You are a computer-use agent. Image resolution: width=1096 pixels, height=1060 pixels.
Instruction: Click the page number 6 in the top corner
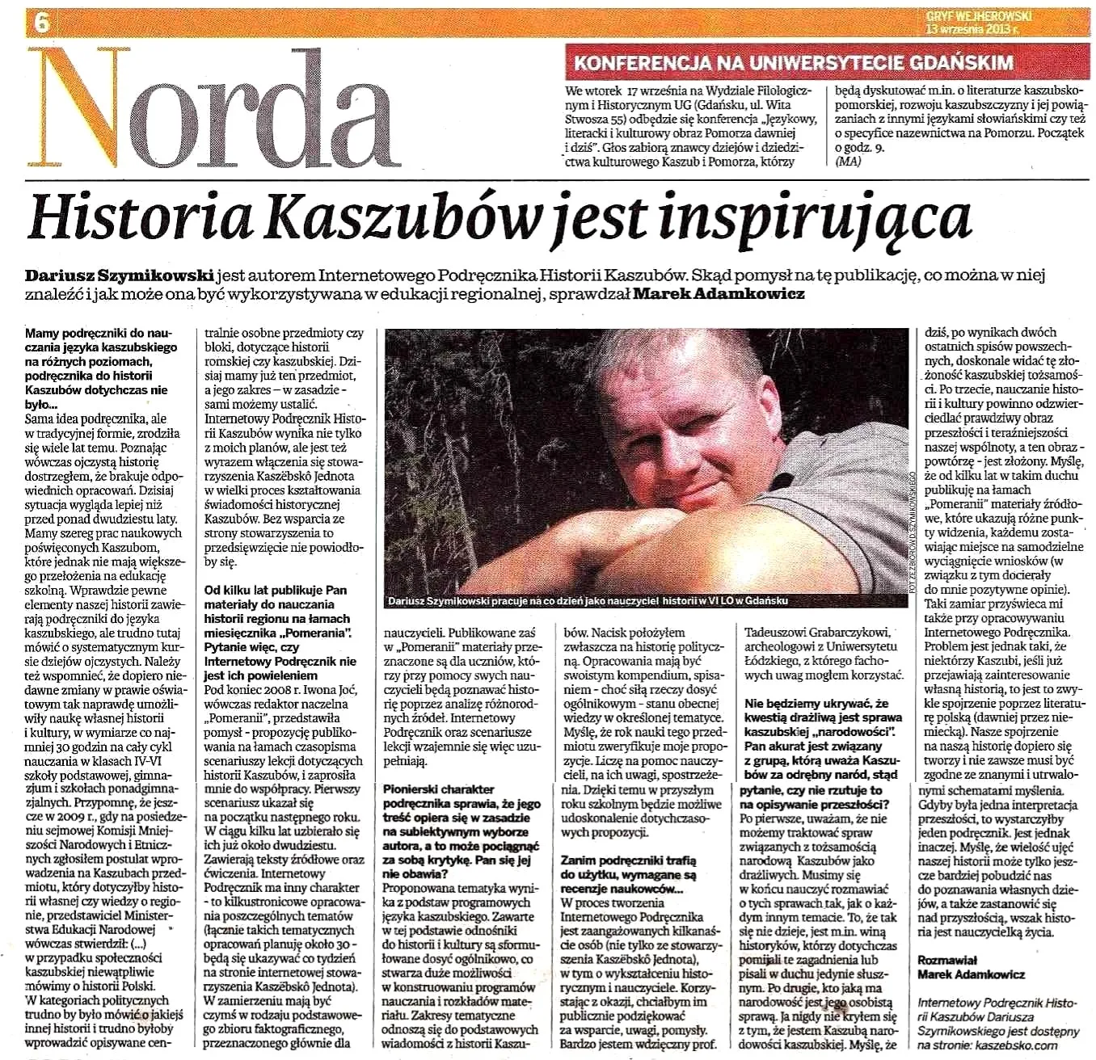click(x=41, y=22)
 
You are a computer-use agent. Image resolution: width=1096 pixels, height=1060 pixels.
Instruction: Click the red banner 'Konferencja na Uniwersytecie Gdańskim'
click(x=793, y=62)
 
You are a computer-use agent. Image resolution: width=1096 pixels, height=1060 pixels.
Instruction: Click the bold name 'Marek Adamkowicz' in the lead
click(x=719, y=294)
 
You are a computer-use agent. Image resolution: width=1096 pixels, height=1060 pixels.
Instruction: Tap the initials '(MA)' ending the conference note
click(x=848, y=161)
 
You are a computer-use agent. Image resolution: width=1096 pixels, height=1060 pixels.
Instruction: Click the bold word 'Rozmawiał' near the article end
click(x=947, y=960)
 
